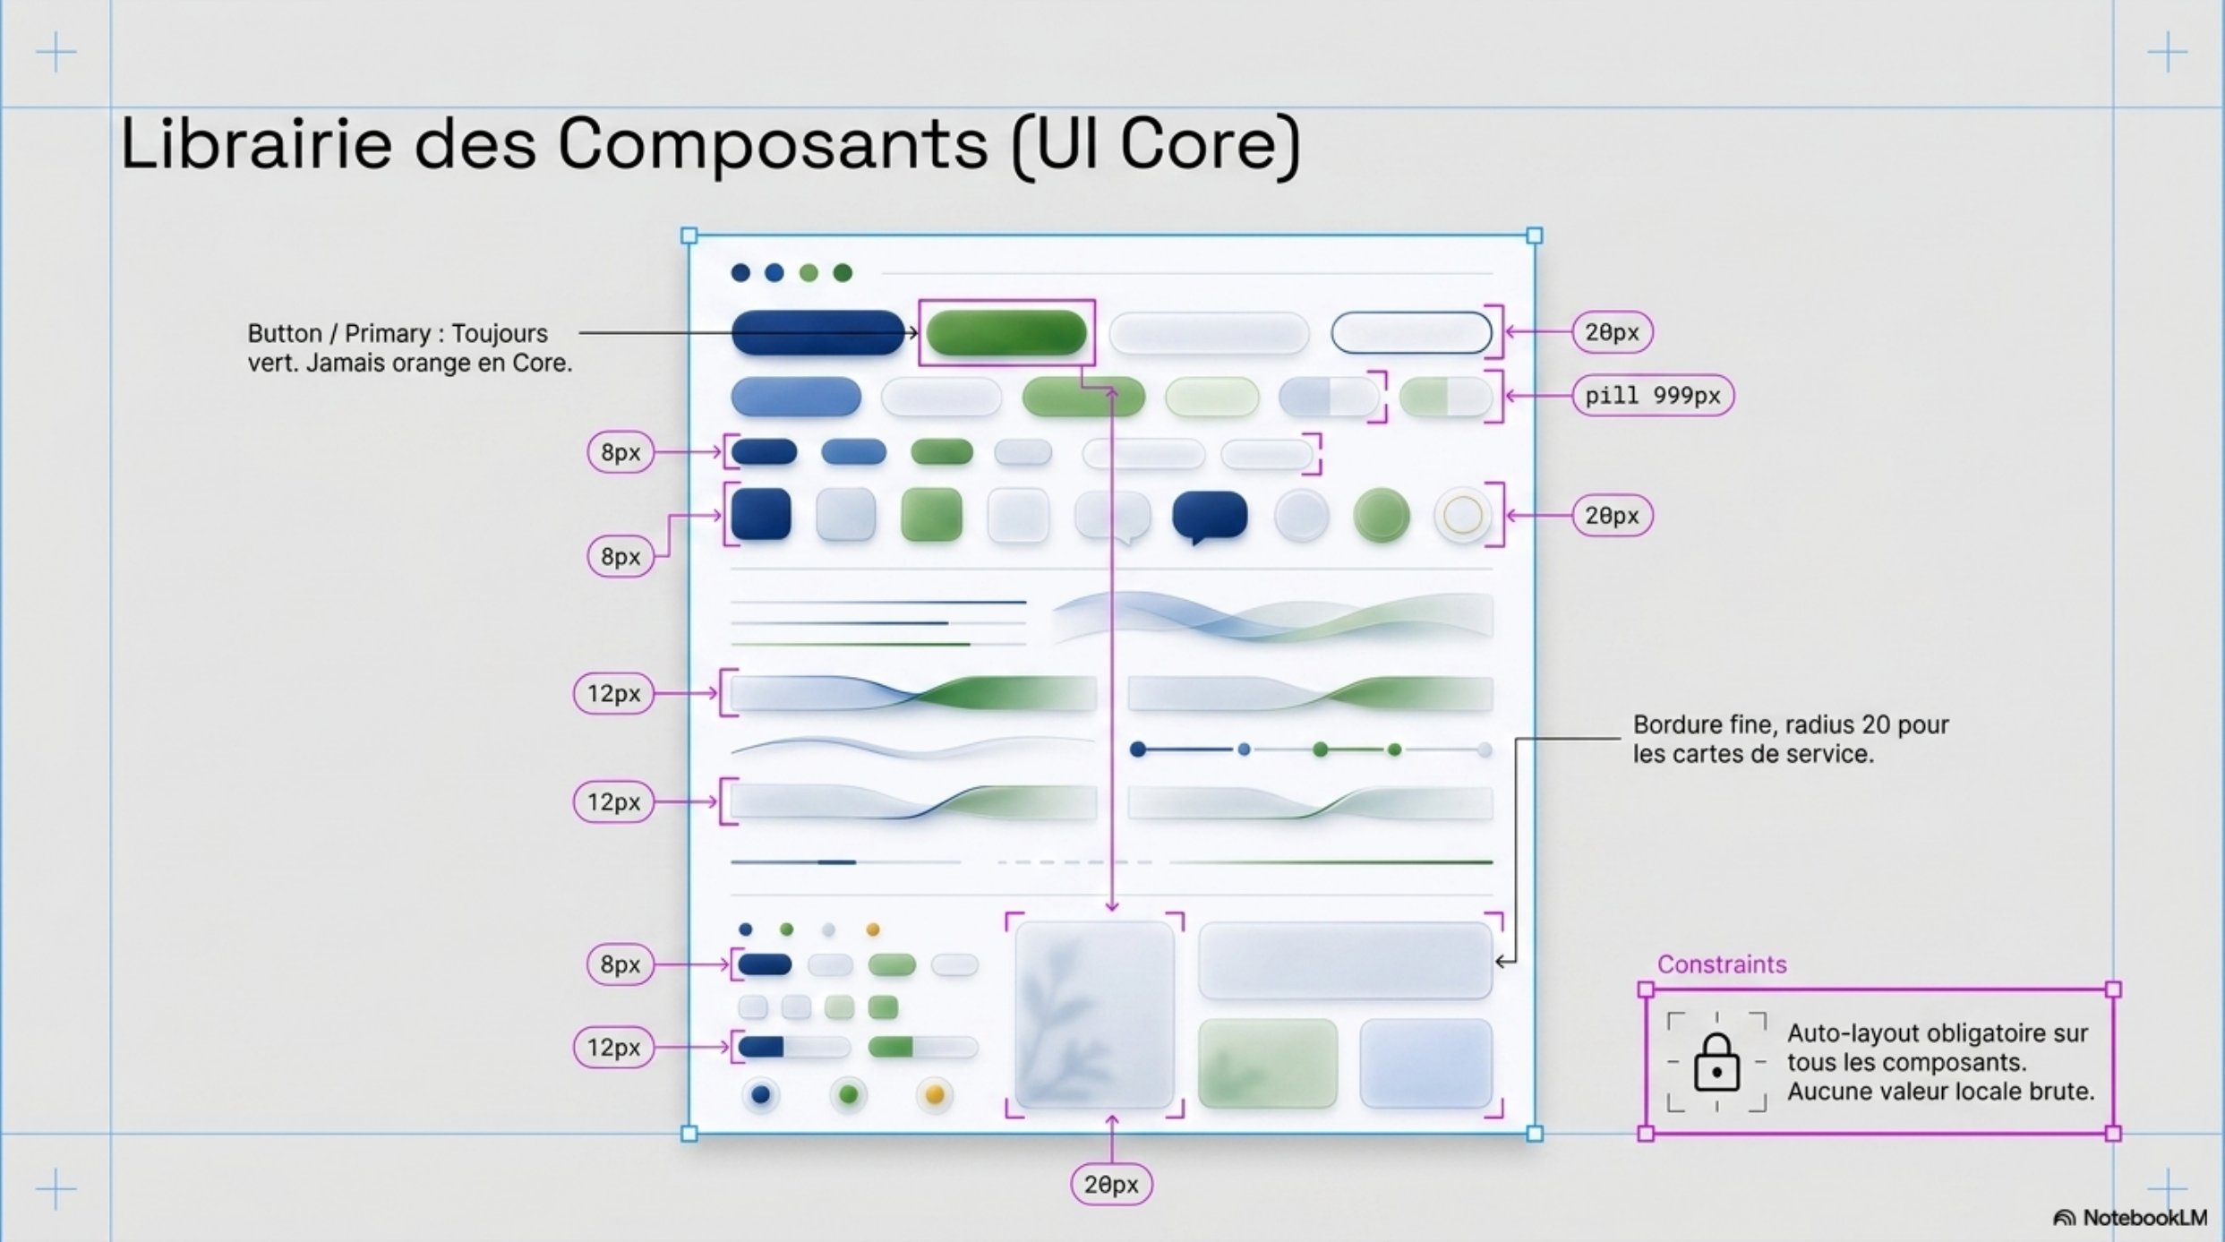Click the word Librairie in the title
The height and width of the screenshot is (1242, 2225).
click(x=256, y=143)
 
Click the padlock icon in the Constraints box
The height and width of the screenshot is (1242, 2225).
click(x=1716, y=1062)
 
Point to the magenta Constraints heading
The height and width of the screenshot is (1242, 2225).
click(x=1722, y=964)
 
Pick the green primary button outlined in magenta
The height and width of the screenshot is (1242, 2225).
click(x=1006, y=333)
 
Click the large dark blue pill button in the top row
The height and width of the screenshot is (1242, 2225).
click(x=818, y=333)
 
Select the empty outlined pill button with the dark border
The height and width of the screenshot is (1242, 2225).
click(x=1411, y=333)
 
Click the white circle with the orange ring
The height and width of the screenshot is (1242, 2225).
click(x=1463, y=516)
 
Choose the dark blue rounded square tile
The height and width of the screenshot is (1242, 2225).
click(x=761, y=514)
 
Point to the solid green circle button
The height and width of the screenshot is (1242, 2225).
click(x=1382, y=516)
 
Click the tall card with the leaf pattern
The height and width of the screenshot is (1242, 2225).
click(x=1095, y=1015)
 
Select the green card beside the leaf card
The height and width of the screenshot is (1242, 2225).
click(x=1268, y=1064)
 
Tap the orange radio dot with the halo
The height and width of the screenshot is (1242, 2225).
click(x=934, y=1095)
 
